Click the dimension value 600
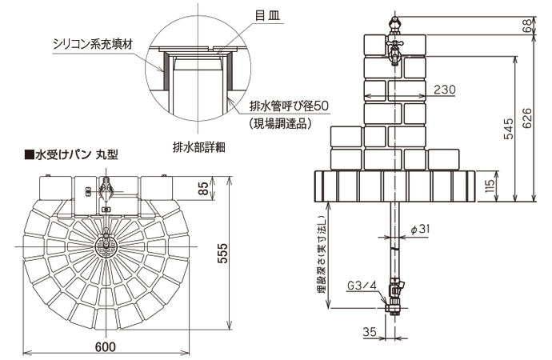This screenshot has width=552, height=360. [x=106, y=346]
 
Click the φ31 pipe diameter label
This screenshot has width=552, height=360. [x=420, y=229]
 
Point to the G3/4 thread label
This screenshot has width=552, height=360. [x=360, y=284]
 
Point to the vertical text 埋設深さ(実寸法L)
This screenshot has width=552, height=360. [x=321, y=256]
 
